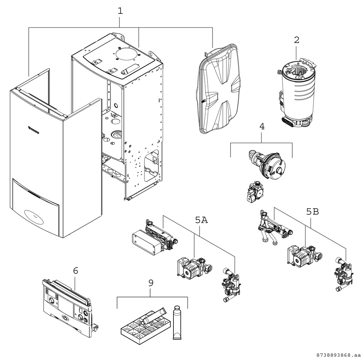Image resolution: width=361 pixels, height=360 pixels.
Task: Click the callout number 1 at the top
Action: click(x=120, y=11)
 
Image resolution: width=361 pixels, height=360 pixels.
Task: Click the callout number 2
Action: click(x=297, y=40)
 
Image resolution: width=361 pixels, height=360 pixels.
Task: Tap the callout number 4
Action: click(x=262, y=127)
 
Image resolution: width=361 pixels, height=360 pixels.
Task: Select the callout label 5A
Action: click(x=202, y=220)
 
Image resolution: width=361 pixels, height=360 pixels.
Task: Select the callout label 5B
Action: click(x=312, y=212)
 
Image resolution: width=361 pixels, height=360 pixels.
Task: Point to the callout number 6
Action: click(x=76, y=271)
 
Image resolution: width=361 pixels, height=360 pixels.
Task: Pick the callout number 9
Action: click(x=151, y=283)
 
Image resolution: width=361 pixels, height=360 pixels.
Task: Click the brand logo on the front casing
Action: click(x=33, y=130)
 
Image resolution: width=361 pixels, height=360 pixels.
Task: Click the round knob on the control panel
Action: click(x=51, y=301)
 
